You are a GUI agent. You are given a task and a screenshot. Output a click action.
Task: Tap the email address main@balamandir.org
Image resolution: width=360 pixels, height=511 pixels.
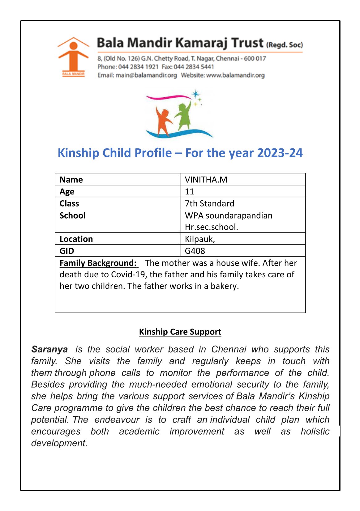(146, 75)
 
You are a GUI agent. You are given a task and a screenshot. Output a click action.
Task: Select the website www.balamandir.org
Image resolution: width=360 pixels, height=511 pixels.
(235, 75)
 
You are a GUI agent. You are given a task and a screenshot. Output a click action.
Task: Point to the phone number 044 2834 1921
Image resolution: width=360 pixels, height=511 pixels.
(138, 67)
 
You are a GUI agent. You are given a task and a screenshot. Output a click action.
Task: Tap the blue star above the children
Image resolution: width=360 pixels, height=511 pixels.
(195, 94)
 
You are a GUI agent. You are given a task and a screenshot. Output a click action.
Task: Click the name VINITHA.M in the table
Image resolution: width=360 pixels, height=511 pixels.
(206, 180)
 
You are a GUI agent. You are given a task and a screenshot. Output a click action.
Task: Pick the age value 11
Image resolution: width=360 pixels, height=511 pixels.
(190, 192)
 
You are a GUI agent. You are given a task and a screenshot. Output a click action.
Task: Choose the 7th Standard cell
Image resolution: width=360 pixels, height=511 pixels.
(209, 203)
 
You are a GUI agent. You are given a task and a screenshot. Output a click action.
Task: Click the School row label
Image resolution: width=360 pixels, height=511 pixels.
(72, 215)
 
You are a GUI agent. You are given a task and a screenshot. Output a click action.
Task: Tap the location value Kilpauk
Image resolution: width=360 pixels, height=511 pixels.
(199, 239)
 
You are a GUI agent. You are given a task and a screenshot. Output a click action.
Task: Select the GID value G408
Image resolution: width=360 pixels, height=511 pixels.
(195, 251)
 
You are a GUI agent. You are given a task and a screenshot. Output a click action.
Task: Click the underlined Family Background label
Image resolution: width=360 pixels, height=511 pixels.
(98, 263)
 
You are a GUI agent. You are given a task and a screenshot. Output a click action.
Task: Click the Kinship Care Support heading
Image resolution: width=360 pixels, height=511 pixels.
(180, 332)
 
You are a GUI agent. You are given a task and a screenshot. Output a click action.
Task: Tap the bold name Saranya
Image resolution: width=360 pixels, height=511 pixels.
(49, 349)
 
